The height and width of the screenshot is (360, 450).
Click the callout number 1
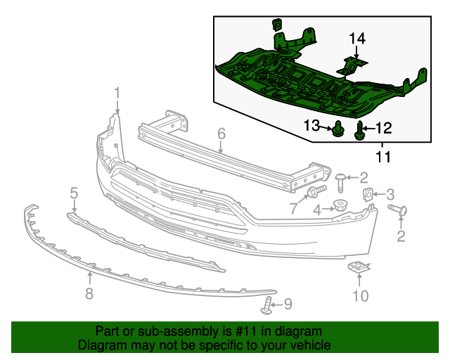point(117,92)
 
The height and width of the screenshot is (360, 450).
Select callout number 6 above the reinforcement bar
point(220,133)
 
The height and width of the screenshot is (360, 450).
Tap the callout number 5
point(73,192)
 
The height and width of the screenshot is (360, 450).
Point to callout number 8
point(89,294)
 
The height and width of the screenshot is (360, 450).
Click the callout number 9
point(288,304)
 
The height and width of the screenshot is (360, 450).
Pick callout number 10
point(359,295)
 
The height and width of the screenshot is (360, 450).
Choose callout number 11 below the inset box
point(382,156)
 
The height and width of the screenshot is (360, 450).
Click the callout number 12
point(383,127)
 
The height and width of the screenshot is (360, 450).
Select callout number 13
point(311,125)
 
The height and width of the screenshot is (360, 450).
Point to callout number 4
point(318,209)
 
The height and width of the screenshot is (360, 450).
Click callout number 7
point(294,207)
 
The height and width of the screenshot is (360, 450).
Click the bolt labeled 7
point(314,192)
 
